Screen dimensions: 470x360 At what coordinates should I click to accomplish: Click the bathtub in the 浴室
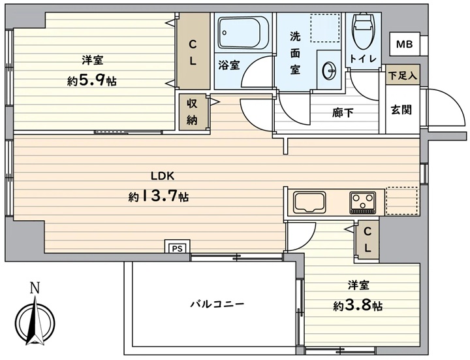(239, 33)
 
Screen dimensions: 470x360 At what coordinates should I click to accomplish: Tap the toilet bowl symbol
(364, 31)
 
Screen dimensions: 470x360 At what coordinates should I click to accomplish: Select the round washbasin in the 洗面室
(329, 71)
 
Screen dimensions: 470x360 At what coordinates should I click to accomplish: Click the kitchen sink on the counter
(310, 202)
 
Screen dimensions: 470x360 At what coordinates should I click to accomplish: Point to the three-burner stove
(363, 202)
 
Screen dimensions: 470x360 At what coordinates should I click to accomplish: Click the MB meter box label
(404, 44)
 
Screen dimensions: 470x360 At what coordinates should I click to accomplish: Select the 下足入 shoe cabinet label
(403, 75)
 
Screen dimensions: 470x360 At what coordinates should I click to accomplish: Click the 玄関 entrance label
(401, 110)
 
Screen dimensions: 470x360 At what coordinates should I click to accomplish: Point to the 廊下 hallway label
(343, 112)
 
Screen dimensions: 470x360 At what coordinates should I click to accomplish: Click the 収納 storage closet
(192, 112)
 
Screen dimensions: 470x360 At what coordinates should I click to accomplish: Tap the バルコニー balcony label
(217, 304)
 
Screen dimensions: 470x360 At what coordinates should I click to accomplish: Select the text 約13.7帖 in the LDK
(159, 197)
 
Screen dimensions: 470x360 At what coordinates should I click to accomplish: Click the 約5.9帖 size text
(92, 80)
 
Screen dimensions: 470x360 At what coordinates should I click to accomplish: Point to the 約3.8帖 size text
(358, 305)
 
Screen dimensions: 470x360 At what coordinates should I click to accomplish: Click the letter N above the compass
(35, 288)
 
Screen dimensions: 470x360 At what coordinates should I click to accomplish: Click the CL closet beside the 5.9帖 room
(193, 51)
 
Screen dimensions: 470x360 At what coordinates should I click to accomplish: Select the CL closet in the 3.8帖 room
(368, 240)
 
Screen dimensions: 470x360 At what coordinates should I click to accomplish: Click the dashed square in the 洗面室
(325, 27)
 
